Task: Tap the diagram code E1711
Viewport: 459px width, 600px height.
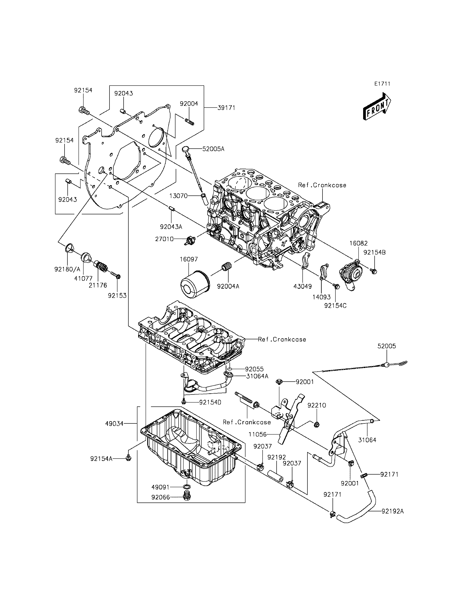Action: click(x=382, y=84)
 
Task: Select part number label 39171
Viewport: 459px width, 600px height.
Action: click(x=226, y=108)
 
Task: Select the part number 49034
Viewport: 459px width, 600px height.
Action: click(x=115, y=424)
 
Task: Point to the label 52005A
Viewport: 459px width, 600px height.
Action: click(x=213, y=149)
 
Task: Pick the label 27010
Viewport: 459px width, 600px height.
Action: click(x=164, y=239)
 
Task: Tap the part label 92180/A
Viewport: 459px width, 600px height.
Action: click(x=67, y=269)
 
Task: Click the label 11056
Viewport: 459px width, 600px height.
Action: click(x=258, y=434)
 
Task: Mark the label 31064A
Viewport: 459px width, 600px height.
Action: click(x=257, y=376)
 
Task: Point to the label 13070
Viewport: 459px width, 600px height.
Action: click(x=178, y=196)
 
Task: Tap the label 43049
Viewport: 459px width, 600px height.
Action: click(x=302, y=286)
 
